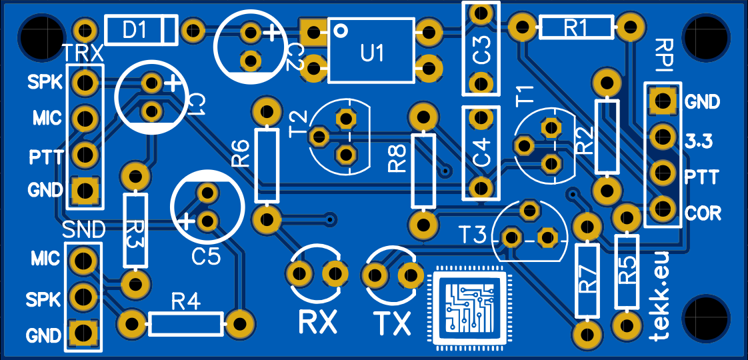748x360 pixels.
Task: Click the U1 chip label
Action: pos(372,54)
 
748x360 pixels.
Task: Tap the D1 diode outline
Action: pos(141,30)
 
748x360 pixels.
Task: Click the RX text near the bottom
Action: pos(317,323)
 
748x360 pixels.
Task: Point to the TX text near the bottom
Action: pos(392,323)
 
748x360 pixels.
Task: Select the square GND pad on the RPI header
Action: pos(662,101)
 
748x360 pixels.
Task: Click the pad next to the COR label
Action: pos(662,207)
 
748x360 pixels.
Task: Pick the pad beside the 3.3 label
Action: pos(662,137)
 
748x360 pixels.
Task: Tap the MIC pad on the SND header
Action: pos(83,259)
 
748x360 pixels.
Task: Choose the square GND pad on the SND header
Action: pos(83,331)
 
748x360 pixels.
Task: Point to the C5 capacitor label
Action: pos(205,256)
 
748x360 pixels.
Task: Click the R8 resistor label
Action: pos(398,159)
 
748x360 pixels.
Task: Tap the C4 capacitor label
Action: pos(481,153)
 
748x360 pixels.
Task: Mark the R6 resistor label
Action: pos(241,153)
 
